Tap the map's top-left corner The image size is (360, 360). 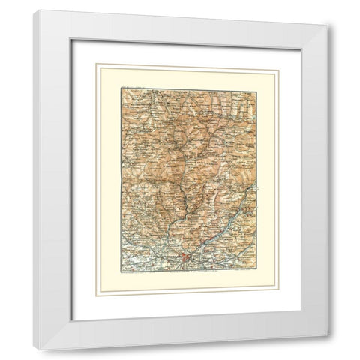(122, 88)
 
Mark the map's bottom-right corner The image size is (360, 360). (256, 271)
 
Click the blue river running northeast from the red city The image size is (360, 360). (217, 232)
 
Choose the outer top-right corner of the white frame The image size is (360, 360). (328, 28)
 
